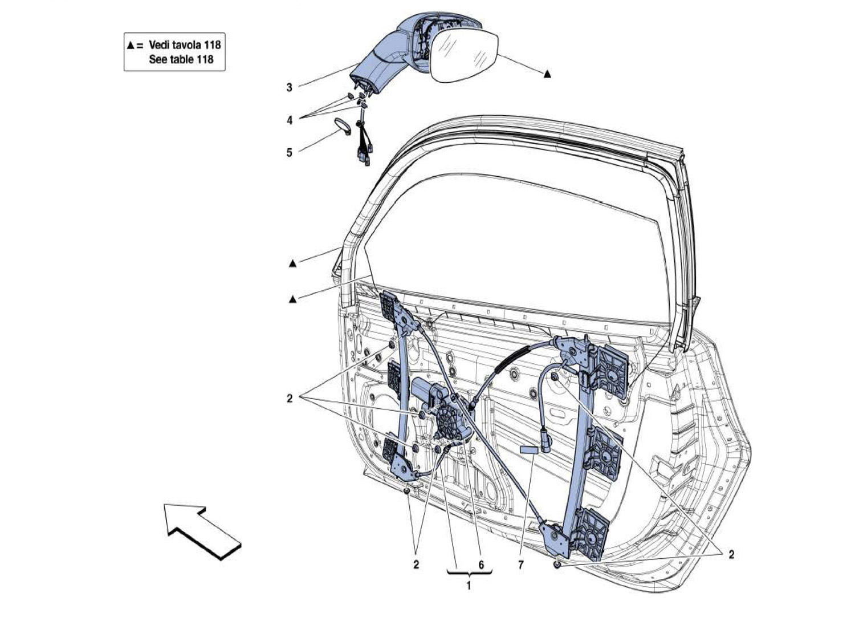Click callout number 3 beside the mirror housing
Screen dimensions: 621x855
[x=290, y=87]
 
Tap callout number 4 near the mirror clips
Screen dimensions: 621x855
[x=290, y=120]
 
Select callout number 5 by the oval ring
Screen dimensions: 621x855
[x=290, y=152]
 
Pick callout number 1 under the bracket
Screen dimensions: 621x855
[x=469, y=586]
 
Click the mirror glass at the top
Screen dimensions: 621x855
[x=463, y=56]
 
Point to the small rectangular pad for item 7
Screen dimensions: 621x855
[x=528, y=449]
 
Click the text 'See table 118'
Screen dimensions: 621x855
[x=181, y=59]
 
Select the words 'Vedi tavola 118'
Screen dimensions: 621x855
[x=184, y=44]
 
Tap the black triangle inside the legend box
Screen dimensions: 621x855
[x=131, y=44]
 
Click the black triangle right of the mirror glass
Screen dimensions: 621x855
[x=547, y=74]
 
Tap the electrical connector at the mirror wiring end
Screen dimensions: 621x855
[x=365, y=161]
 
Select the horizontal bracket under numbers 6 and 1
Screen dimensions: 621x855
[x=469, y=575]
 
